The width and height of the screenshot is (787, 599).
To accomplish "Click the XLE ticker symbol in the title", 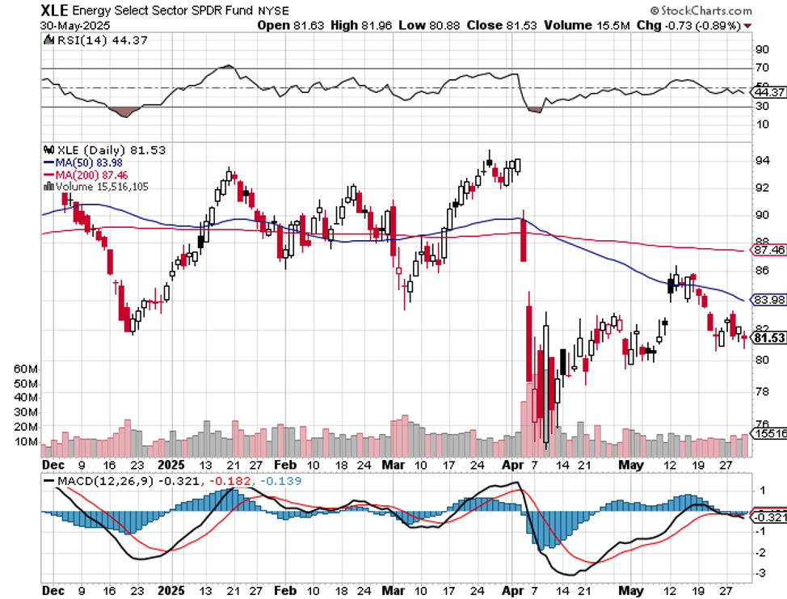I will click(x=55, y=11).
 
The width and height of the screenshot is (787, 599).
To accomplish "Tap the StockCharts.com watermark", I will click(x=700, y=11).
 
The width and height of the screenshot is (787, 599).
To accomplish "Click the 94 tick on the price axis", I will click(x=761, y=160).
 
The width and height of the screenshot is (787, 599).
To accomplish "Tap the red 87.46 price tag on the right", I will click(x=768, y=251).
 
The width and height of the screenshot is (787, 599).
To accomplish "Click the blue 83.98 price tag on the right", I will click(x=768, y=300).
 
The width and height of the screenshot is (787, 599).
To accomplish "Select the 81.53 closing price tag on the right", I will click(x=768, y=337).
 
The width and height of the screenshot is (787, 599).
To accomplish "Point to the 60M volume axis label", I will click(x=27, y=368).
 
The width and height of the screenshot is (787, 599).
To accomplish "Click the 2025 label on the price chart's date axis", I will click(x=171, y=465).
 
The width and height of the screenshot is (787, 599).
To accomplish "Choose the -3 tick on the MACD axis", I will click(x=761, y=572).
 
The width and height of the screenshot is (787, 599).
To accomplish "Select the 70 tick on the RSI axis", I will click(x=761, y=69).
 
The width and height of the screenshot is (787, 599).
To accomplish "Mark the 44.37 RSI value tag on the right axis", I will click(x=768, y=91).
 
